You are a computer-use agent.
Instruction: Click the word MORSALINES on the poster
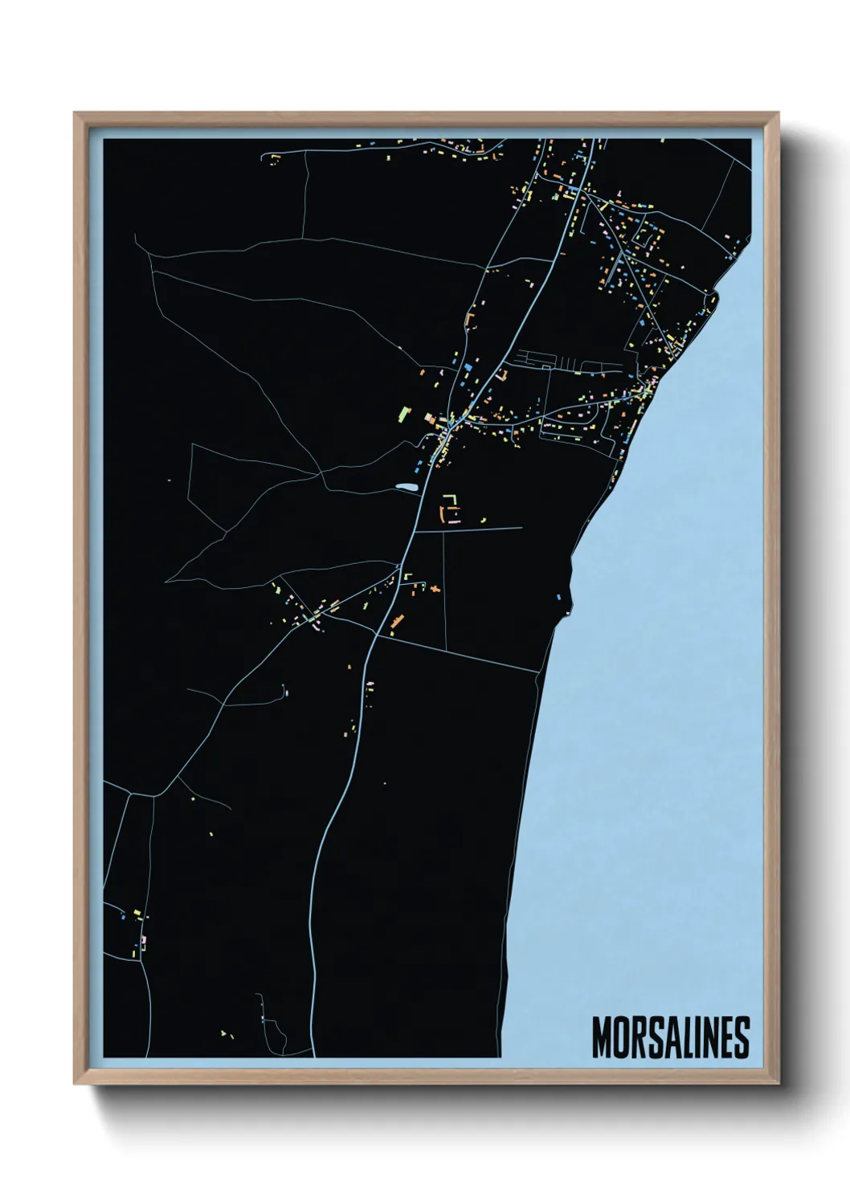(x=670, y=1037)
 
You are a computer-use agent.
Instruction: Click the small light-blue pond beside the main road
(x=405, y=487)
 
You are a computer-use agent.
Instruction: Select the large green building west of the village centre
(x=403, y=414)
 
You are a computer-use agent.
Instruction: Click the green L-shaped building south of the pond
(x=451, y=500)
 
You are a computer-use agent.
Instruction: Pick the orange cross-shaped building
(x=435, y=589)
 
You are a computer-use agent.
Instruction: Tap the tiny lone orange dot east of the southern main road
(x=384, y=783)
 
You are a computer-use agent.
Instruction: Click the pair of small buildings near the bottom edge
(x=226, y=1034)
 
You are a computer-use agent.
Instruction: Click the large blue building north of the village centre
(x=467, y=366)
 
